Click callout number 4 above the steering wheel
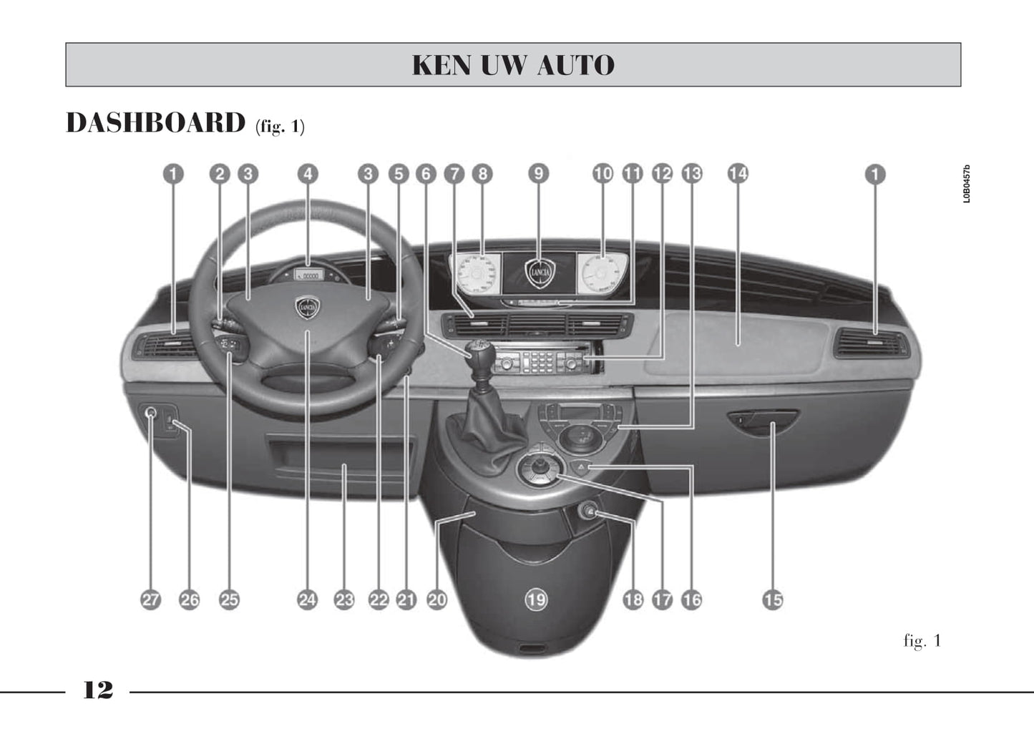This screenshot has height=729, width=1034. point(308,174)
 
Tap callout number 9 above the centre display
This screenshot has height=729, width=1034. point(538,174)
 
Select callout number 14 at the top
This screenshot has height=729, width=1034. point(738,174)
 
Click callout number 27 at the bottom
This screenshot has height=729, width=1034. point(150,600)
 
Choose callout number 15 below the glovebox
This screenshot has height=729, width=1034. point(773,600)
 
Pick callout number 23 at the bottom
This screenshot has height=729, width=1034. point(344,600)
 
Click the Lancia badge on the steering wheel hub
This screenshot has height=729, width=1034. point(308,308)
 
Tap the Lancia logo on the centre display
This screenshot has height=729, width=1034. point(540,273)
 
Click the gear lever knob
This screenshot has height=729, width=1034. point(478,351)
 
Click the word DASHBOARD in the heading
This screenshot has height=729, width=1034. point(155,123)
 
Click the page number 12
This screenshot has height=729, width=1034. point(98,690)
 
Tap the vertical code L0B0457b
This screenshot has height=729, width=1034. point(967,184)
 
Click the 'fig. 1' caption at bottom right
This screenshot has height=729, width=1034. point(922,641)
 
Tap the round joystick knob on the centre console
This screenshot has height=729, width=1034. point(540,469)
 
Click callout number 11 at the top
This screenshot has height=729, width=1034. point(633,174)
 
